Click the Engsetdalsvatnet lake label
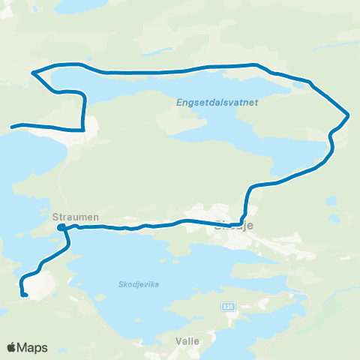[x=216, y=103]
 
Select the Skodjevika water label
[x=139, y=284]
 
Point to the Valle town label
[x=187, y=340]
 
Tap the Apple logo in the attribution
[x=12, y=347]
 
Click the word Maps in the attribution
[x=33, y=347]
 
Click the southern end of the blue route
[x=25, y=295]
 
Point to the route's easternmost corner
[x=349, y=115]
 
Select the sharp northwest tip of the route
[x=32, y=73]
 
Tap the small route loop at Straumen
[x=62, y=227]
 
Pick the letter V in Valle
[x=178, y=340]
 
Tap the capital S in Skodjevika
[x=121, y=284]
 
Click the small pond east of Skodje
[x=331, y=200]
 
